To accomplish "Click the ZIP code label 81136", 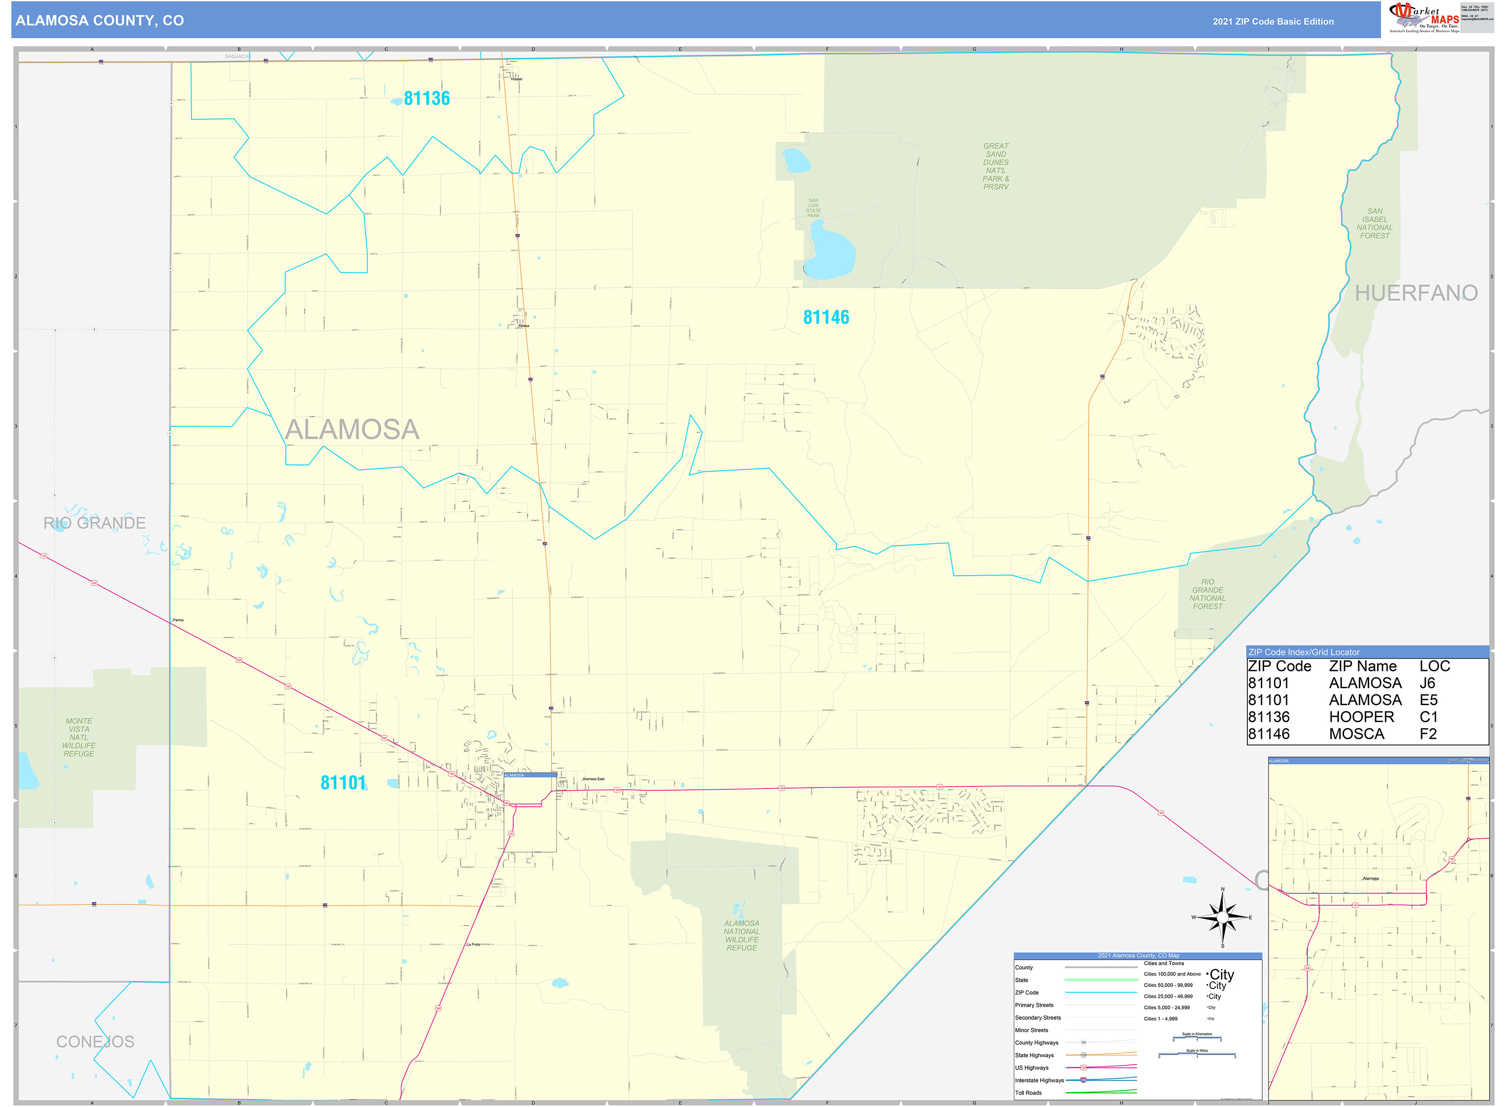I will coord(426,98).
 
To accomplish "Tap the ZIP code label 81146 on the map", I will coord(826,318).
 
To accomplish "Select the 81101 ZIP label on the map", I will coord(343,783).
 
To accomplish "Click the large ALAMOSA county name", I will coord(352,430).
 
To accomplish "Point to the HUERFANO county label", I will coord(1416,293).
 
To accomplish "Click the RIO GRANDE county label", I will coord(94,523).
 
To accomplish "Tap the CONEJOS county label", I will coord(95,1042).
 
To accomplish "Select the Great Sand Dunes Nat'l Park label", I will coord(995,166).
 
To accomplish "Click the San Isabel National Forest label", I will coord(1374,223).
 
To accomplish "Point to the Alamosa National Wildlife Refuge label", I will coord(741,935).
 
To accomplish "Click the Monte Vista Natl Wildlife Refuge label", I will coord(79,737).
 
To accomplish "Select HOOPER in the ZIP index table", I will coord(1361,717).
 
